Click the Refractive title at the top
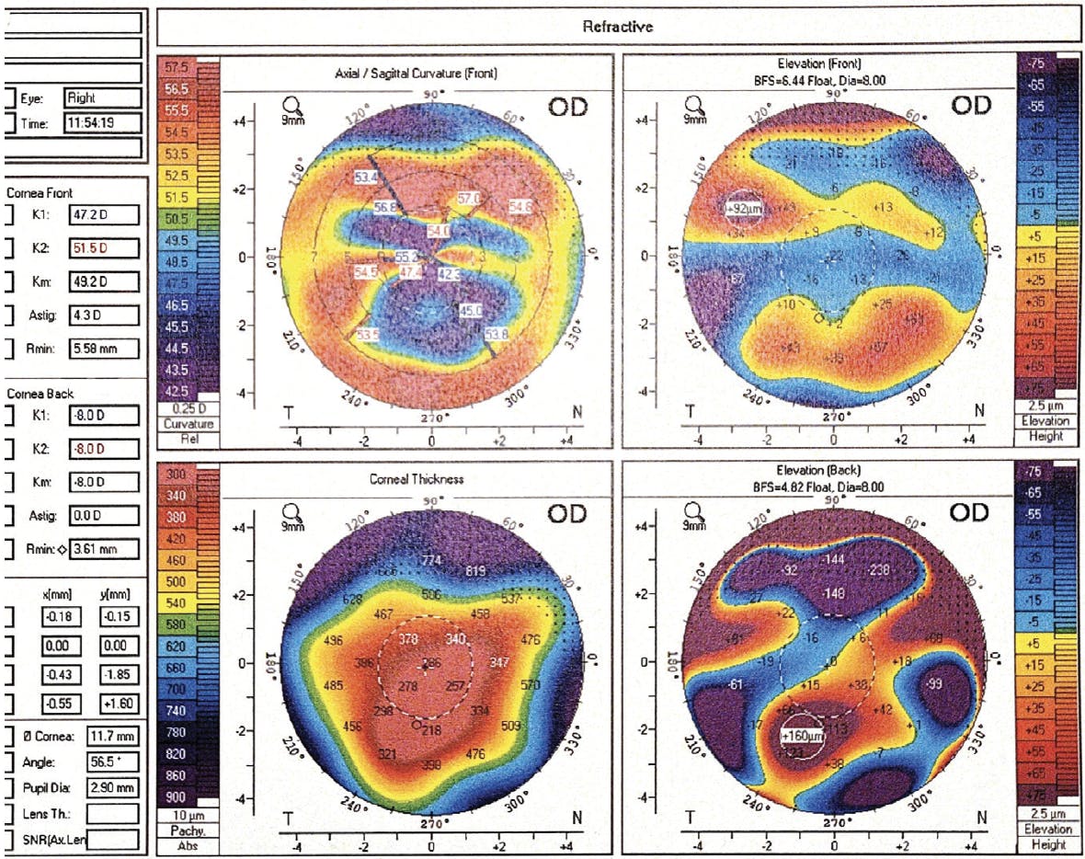[617, 27]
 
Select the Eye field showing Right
[102, 97]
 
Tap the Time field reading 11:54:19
[102, 123]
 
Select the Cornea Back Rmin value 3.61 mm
[103, 550]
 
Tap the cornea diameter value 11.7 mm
[111, 736]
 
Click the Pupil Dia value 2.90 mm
[111, 787]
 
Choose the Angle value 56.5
[111, 762]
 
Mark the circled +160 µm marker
[803, 736]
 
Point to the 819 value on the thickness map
[475, 571]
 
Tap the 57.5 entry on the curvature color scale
[176, 68]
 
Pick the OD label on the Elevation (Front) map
[970, 105]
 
